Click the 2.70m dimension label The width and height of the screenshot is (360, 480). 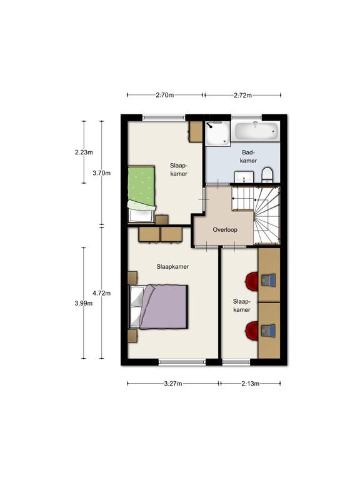coord(165,95)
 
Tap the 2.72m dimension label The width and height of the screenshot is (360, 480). coord(242,95)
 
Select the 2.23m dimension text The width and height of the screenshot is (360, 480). coord(84,152)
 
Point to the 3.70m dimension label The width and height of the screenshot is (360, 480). coord(102,173)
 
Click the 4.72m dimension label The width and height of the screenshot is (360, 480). coord(102,293)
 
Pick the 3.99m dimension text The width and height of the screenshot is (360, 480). coord(84,303)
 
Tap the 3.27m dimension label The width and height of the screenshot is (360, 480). coord(173,384)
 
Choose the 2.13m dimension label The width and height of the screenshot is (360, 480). coord(251,384)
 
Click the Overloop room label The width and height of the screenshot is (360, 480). coord(225,229)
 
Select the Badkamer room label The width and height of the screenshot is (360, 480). coord(248,156)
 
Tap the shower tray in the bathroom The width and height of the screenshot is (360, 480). coord(217,133)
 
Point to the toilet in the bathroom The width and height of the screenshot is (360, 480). coord(267,175)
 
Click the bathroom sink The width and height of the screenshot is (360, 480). coord(244,177)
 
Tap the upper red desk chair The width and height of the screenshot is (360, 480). coord(252,281)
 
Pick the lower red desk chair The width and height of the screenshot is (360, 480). coord(252,331)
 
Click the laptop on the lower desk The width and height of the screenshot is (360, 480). coord(269,331)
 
